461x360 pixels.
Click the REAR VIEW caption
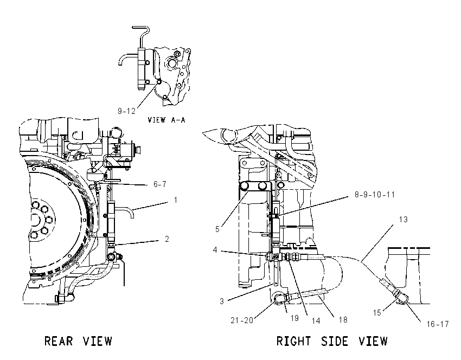point(78,341)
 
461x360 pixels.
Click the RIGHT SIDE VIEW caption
point(332,341)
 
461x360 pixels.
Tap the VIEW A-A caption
point(167,120)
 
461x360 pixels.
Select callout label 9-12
point(126,111)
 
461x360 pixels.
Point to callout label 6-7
point(159,184)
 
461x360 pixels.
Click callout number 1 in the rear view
point(176,200)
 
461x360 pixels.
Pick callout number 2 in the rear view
point(167,239)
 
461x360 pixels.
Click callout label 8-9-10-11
point(375,195)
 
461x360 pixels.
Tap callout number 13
point(404,220)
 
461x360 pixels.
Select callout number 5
point(217,229)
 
